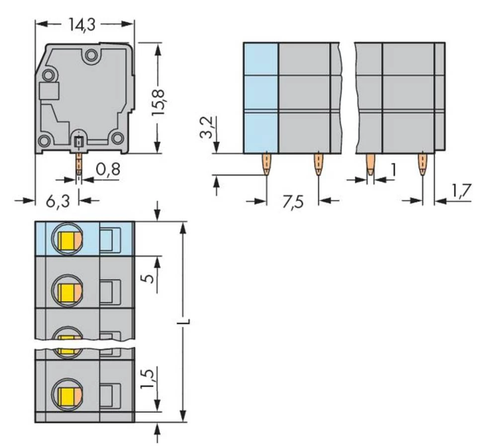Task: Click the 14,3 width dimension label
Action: (82, 25)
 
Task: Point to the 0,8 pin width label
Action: (107, 170)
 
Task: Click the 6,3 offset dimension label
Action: (57, 201)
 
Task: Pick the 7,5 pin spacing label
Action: (293, 203)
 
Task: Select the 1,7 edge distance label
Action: (461, 192)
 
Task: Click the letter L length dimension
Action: (184, 322)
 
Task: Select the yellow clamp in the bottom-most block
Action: (66, 395)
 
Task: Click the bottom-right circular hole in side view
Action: (117, 138)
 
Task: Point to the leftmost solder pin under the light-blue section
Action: (266, 164)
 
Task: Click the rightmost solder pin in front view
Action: (422, 164)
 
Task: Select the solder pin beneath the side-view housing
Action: (79, 164)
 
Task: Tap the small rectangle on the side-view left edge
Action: (49, 91)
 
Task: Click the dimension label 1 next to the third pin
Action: (393, 170)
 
